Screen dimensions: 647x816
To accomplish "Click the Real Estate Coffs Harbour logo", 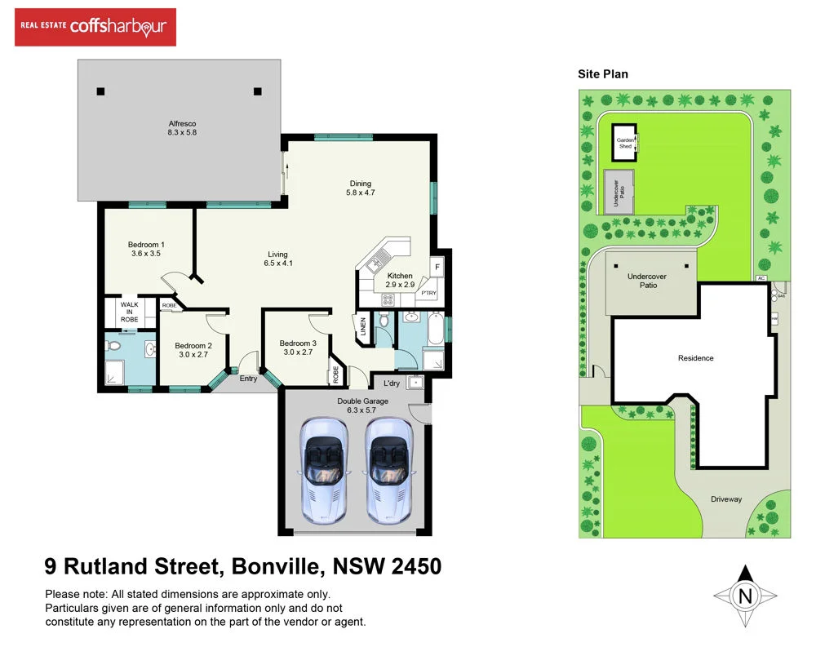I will click(95, 27).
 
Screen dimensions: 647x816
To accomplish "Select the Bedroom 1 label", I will click(146, 249).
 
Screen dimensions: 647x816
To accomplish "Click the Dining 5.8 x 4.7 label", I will click(360, 188).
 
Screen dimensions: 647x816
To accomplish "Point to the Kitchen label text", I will click(400, 276).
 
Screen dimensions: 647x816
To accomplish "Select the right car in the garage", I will click(388, 470).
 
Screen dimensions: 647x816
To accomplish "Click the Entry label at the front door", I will click(248, 379).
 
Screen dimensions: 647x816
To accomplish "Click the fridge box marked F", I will click(437, 267).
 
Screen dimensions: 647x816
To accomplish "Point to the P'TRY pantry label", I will click(428, 293).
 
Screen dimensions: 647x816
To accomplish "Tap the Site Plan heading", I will click(603, 73).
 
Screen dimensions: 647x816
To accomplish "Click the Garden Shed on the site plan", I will click(625, 143).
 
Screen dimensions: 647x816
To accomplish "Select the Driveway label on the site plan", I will click(725, 499).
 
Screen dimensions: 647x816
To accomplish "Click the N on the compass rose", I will click(744, 596).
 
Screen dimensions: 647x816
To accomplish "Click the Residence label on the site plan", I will click(695, 358).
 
